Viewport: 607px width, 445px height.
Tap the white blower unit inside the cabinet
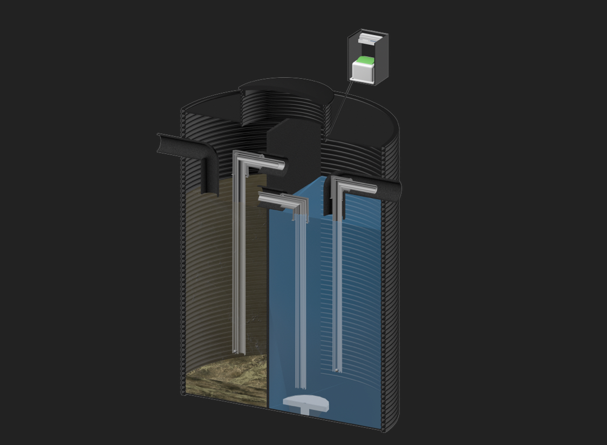(363, 71)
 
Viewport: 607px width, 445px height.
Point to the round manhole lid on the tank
(286, 86)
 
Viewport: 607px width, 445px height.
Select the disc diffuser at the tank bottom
(305, 402)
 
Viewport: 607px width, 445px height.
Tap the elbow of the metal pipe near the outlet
(338, 184)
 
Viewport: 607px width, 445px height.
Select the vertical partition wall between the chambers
(269, 302)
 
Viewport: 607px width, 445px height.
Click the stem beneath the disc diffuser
(306, 411)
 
